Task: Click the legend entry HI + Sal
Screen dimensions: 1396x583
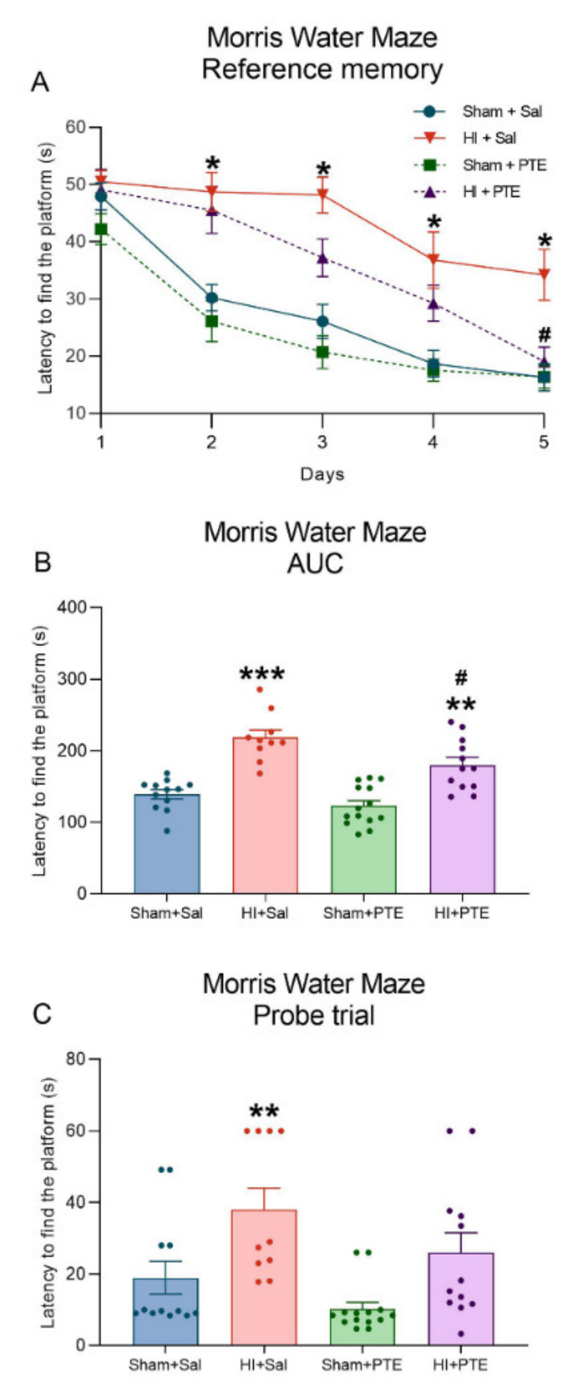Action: click(489, 138)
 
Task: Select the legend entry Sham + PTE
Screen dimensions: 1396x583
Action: click(504, 165)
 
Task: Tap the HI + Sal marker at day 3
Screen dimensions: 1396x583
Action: click(322, 194)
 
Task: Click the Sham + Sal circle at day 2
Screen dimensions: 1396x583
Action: click(212, 297)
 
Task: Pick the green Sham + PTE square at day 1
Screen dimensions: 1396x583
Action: click(101, 229)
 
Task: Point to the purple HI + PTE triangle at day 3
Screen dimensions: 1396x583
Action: click(322, 258)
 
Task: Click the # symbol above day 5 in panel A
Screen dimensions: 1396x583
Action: click(545, 333)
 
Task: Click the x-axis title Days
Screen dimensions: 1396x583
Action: click(322, 474)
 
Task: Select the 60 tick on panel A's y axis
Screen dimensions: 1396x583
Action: click(76, 127)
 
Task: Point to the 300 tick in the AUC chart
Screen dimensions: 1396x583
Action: click(72, 678)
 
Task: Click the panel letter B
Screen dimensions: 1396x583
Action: click(42, 562)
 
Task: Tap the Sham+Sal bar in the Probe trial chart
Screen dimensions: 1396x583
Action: click(166, 1311)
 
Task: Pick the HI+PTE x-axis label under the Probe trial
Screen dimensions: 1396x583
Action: click(460, 1365)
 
